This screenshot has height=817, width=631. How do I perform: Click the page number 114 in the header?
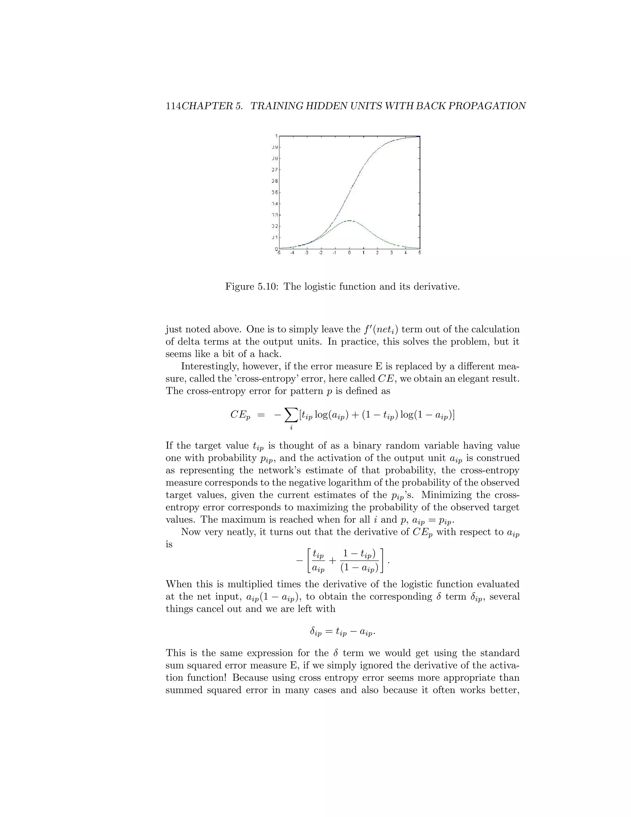pyautogui.click(x=173, y=106)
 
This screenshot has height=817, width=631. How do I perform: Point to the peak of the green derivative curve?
pyautogui.click(x=349, y=221)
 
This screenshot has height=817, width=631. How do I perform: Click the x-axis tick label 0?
pyautogui.click(x=349, y=253)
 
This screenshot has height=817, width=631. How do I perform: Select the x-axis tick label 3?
pyautogui.click(x=391, y=253)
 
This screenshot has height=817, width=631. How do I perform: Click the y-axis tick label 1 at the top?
pyautogui.click(x=276, y=136)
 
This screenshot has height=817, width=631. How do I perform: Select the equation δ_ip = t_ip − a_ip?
pyautogui.click(x=342, y=632)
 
